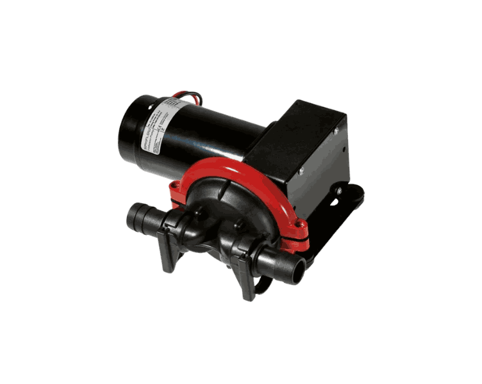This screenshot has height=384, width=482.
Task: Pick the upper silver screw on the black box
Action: coord(335,131)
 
